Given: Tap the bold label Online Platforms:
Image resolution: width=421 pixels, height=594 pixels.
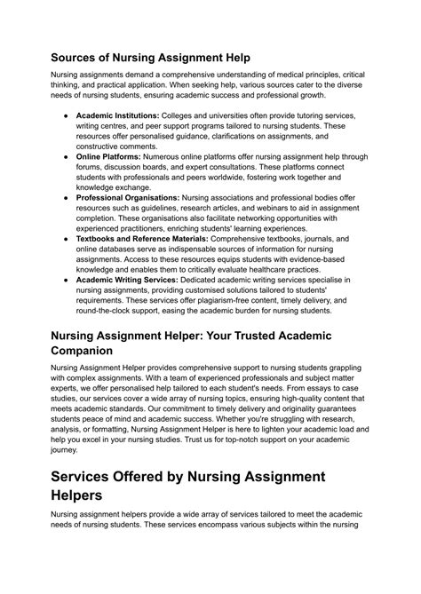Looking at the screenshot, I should point(109,154).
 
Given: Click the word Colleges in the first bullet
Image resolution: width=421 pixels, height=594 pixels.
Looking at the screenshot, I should point(183,116).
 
